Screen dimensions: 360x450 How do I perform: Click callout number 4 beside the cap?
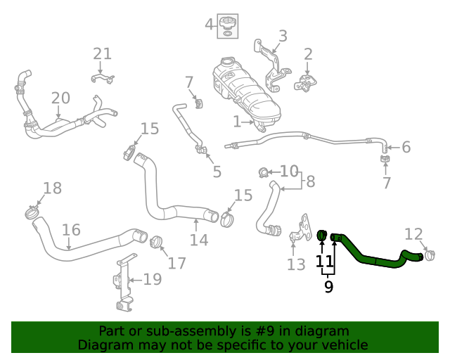[x=209, y=25]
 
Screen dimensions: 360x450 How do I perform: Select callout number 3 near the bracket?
[x=283, y=36]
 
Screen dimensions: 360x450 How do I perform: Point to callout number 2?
[x=308, y=54]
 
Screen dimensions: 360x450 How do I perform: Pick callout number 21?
[x=102, y=53]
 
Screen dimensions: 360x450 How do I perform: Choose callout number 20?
[x=60, y=98]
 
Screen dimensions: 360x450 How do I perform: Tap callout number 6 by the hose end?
[x=406, y=148]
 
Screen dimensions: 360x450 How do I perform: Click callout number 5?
[x=217, y=171]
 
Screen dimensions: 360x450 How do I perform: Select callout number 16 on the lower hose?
[x=71, y=230]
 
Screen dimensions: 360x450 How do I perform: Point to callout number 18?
[x=53, y=188]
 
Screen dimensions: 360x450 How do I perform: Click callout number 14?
[x=199, y=240]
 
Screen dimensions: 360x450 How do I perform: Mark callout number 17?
[x=176, y=263]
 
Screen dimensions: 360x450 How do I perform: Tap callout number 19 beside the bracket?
[x=152, y=280]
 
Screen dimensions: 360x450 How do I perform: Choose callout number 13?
[x=296, y=264]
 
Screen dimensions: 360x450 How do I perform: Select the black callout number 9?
[x=328, y=286]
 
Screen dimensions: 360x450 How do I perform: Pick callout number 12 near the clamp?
[x=414, y=234]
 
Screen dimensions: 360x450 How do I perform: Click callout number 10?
[x=289, y=171]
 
